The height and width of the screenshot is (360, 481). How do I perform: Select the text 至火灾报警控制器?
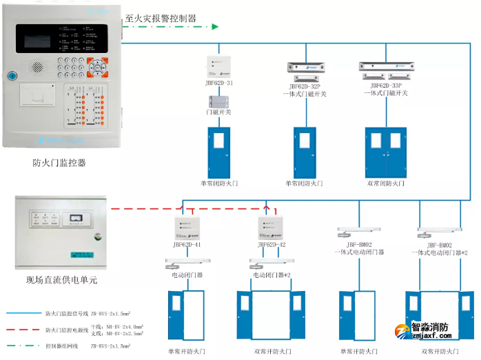coord(160,18)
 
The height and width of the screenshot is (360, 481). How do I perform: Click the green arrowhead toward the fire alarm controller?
coord(214,27)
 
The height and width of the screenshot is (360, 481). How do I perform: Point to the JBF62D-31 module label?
coord(218,84)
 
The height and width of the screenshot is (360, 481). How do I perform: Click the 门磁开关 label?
coord(218,111)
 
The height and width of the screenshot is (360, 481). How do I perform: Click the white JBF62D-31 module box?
coord(218,66)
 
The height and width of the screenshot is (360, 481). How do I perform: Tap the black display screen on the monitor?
coord(44,41)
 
